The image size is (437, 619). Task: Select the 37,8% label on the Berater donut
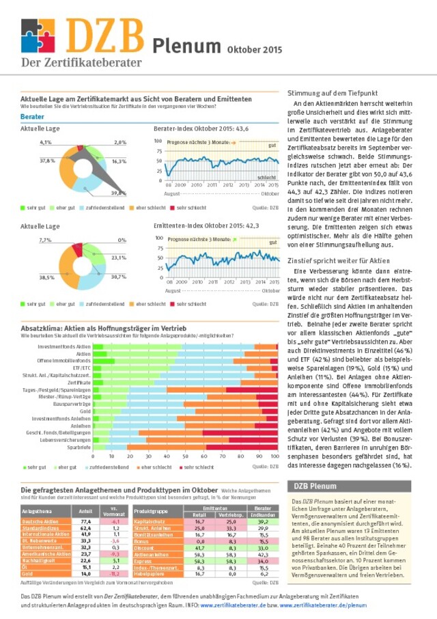tap(47, 161)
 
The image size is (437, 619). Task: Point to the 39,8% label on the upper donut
tap(118, 193)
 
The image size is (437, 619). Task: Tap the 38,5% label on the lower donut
tap(46, 277)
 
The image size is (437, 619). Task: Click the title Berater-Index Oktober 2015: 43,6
tap(201, 128)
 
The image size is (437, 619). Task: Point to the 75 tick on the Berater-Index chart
tap(159, 152)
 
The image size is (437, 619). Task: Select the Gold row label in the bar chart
tap(85, 411)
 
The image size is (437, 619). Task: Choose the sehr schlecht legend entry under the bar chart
tap(196, 467)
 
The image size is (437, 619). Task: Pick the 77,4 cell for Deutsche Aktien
tap(86, 521)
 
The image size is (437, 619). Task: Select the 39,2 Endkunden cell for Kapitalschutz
tap(263, 521)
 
